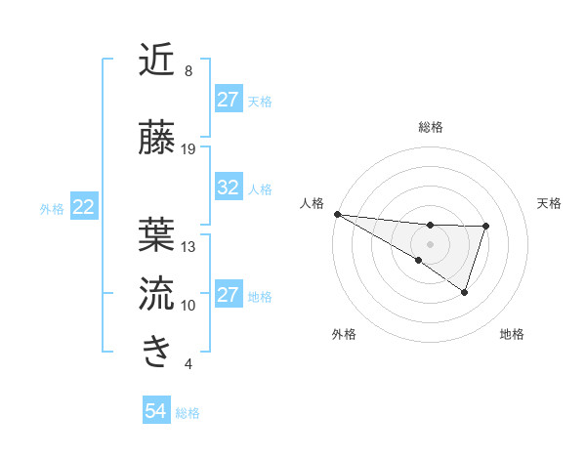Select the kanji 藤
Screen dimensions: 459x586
[156, 138]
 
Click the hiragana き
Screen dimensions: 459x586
[156, 353]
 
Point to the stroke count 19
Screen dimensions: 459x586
[188, 149]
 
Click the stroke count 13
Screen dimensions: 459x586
[188, 247]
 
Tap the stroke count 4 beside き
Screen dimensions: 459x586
[188, 364]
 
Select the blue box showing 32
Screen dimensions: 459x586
[229, 188]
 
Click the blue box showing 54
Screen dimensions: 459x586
[156, 411]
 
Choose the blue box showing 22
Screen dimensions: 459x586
[84, 207]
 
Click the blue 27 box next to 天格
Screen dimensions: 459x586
[229, 100]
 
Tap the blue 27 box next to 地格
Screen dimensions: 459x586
[229, 295]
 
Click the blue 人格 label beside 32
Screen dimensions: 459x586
[260, 188]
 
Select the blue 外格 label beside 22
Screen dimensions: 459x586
[52, 208]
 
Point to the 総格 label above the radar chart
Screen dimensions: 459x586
[430, 127]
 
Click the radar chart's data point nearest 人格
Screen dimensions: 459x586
[336, 214]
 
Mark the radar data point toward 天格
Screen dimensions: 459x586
[485, 227]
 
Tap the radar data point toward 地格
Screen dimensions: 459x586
[465, 292]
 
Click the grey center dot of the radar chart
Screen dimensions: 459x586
[430, 243]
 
